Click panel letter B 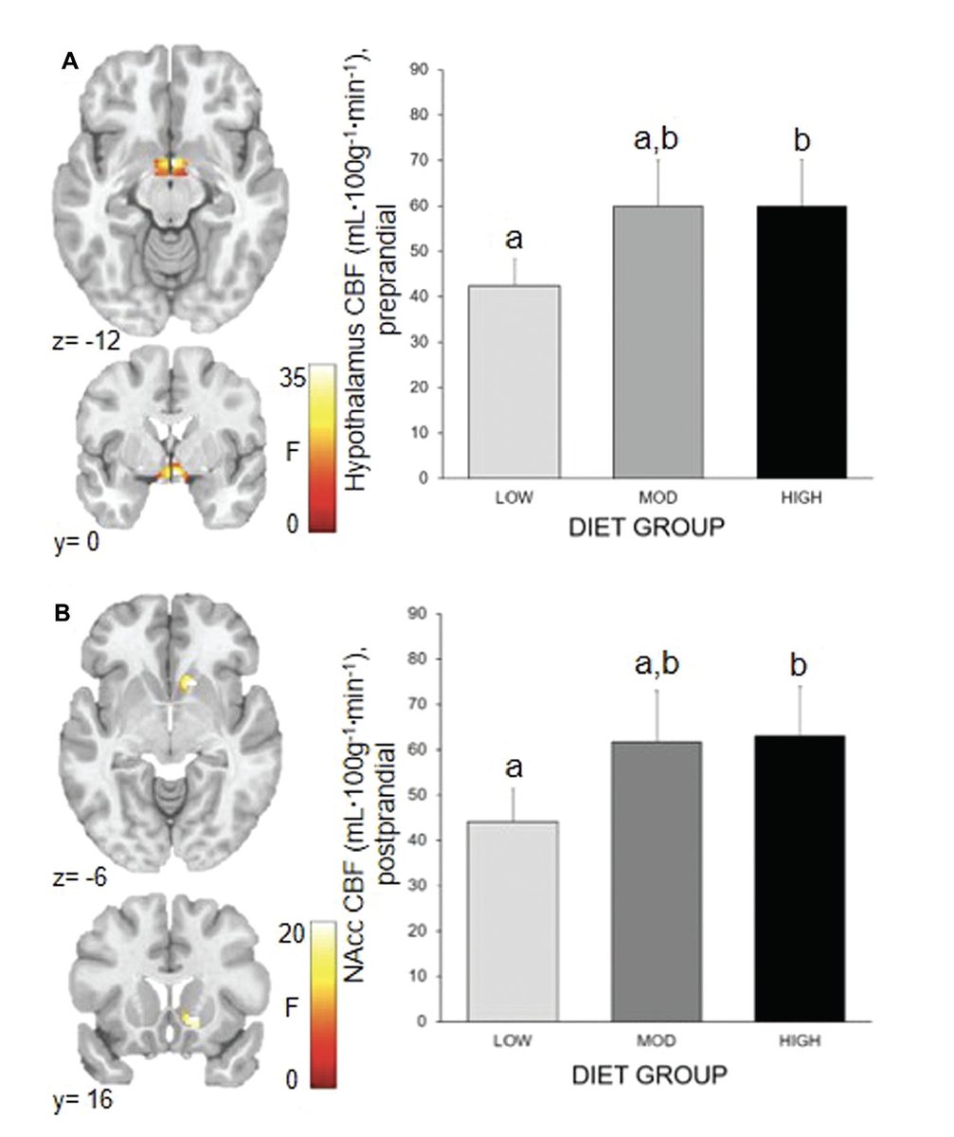point(62,613)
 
